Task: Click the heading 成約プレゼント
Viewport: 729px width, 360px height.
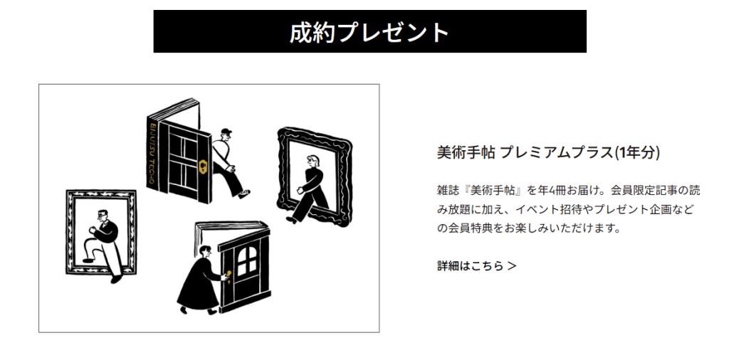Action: click(x=369, y=32)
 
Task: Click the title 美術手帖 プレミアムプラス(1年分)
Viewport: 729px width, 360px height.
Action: click(x=548, y=152)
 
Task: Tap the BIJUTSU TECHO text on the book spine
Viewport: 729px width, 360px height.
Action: click(x=152, y=153)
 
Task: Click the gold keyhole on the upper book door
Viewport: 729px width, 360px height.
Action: click(x=203, y=166)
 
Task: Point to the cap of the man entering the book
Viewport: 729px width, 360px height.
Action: click(x=226, y=132)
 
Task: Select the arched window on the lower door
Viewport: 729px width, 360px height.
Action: click(x=246, y=261)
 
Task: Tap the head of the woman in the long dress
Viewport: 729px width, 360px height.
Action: click(x=204, y=252)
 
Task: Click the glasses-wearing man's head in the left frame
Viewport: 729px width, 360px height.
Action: click(x=103, y=216)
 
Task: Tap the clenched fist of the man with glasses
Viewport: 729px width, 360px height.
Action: click(x=92, y=230)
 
